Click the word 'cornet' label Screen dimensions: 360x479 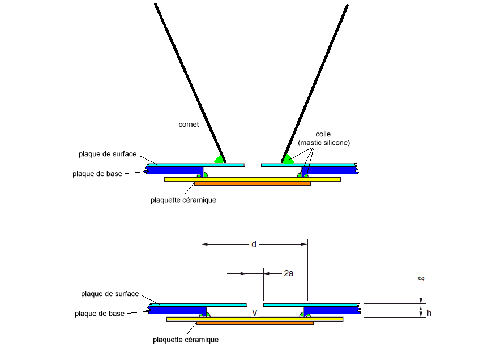pyautogui.click(x=189, y=125)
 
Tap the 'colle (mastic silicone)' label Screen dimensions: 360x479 pyautogui.click(x=324, y=139)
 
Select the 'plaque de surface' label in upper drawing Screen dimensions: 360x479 pyautogui.click(x=108, y=154)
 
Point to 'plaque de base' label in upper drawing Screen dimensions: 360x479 pyautogui.click(x=97, y=174)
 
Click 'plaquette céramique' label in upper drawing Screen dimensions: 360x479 pyautogui.click(x=183, y=200)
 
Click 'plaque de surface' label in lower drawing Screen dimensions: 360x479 pyautogui.click(x=110, y=294)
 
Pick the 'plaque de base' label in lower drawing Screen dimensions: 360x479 pyautogui.click(x=100, y=314)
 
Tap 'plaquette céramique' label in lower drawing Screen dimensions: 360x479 pyautogui.click(x=186, y=340)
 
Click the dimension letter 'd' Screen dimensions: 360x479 pyautogui.click(x=254, y=245)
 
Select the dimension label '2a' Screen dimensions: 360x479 pyautogui.click(x=288, y=273)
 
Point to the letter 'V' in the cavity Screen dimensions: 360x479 pyautogui.click(x=255, y=312)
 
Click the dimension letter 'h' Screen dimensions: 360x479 pyautogui.click(x=429, y=312)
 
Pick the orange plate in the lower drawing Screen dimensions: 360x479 pyautogui.click(x=254, y=323)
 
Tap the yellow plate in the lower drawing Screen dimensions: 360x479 pyautogui.click(x=181, y=319)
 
